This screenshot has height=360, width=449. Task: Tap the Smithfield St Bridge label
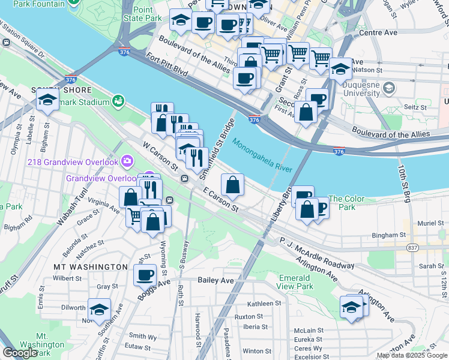[221, 140]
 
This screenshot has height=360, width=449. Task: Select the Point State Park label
[147, 14]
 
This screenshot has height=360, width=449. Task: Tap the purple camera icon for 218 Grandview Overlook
[127, 161]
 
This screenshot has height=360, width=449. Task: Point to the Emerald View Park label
[295, 282]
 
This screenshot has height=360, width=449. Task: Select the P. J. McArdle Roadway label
[316, 255]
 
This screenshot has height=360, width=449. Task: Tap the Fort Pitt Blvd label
[164, 67]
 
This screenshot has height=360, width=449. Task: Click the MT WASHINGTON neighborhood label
[91, 266]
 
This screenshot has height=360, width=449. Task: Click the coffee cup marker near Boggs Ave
[144, 275]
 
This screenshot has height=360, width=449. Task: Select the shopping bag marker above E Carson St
[232, 184]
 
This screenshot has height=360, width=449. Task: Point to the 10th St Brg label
[403, 183]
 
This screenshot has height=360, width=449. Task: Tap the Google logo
[20, 353]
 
